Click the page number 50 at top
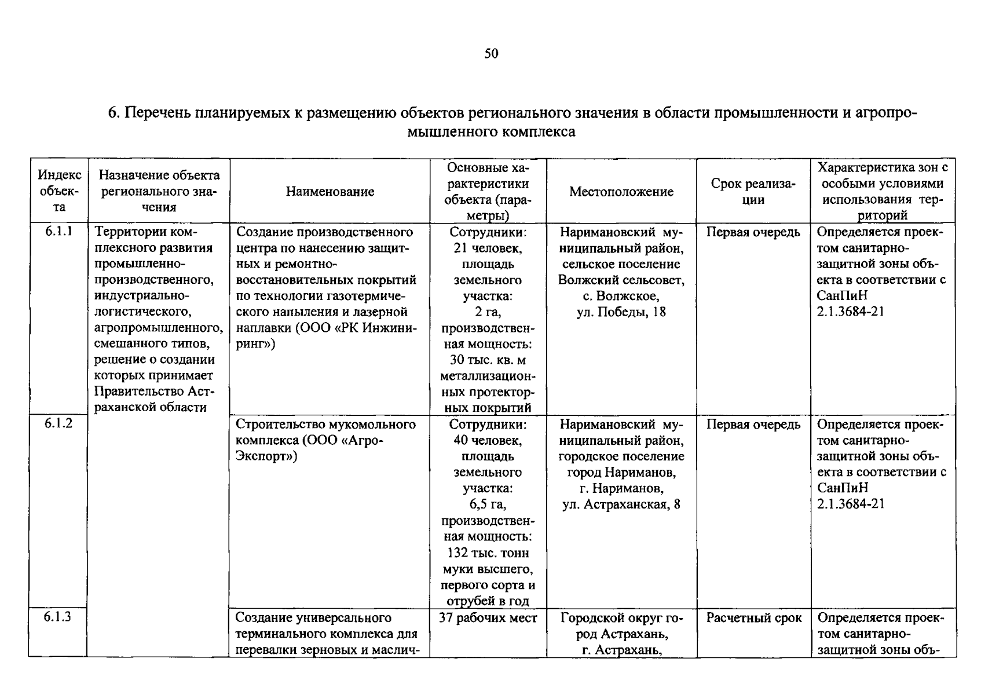(x=491, y=54)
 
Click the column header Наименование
(x=330, y=192)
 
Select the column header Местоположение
(x=621, y=192)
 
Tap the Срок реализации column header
(x=753, y=192)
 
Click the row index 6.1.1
(x=58, y=232)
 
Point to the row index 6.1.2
(x=58, y=423)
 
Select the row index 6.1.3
(x=58, y=616)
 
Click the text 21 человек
(x=488, y=248)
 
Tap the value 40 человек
(x=488, y=440)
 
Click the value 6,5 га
(x=488, y=504)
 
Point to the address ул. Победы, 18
(x=621, y=312)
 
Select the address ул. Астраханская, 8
(x=621, y=504)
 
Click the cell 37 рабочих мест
(x=488, y=618)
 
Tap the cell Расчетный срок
(x=753, y=618)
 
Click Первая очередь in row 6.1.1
(x=753, y=232)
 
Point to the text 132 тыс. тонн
(x=488, y=553)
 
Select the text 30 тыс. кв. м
(x=488, y=360)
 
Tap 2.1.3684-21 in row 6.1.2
(x=851, y=504)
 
